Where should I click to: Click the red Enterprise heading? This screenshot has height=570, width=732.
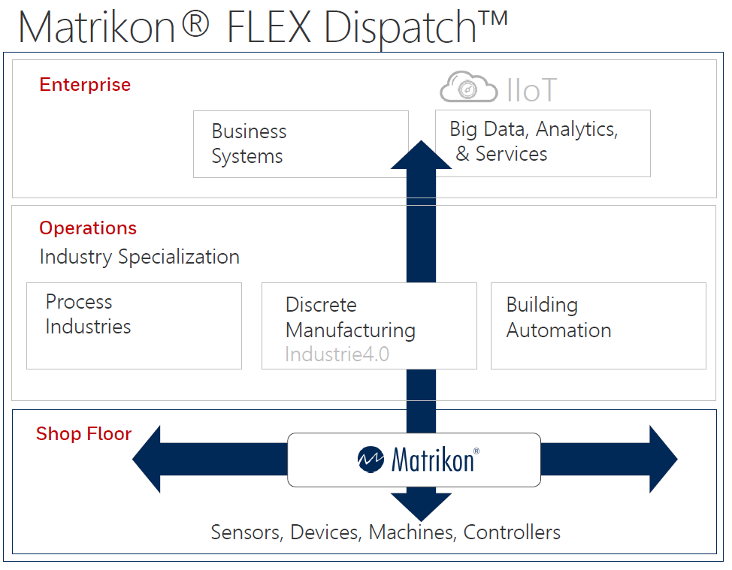85,85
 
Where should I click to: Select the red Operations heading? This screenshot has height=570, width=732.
88,228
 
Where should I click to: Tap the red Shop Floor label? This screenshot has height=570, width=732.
84,434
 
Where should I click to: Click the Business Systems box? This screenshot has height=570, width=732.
301,144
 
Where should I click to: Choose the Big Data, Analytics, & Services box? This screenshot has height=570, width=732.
543,143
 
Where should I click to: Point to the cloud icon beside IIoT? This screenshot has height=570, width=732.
469,87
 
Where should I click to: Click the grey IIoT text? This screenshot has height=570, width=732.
532,90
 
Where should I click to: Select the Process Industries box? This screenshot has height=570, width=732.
134,326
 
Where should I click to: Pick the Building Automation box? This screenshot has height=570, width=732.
598,326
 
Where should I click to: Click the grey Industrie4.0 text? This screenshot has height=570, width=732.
337,354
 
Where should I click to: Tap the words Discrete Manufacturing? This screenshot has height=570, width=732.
351,318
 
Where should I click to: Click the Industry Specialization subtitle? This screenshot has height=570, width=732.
140,257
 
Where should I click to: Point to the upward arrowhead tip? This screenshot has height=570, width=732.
421,140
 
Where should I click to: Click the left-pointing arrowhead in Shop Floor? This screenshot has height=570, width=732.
147,459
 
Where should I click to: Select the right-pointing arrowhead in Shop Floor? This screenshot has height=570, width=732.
664,459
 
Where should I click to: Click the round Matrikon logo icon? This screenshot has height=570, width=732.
371,460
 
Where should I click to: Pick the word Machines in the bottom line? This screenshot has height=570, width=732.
412,532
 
